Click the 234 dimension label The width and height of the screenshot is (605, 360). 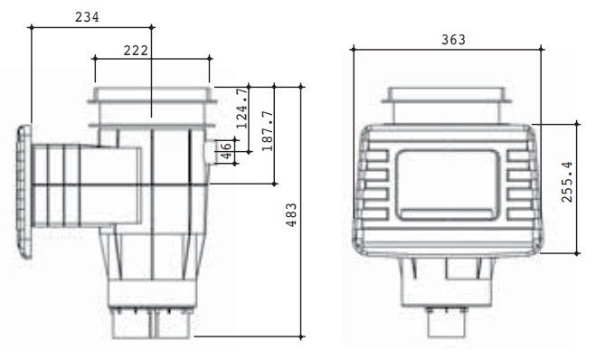pos(87,16)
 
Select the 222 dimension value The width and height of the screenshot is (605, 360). pos(135,51)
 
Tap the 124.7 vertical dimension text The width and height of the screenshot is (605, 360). pos(241,108)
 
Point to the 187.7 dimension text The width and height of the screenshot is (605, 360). pos(266,130)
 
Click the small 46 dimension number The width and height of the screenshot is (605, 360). pos(226,152)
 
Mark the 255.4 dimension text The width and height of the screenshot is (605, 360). pos(567,183)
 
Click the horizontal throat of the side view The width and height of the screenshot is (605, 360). pos(86,185)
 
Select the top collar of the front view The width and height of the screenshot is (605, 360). pos(448,104)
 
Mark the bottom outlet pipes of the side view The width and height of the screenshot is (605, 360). pos(152,323)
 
